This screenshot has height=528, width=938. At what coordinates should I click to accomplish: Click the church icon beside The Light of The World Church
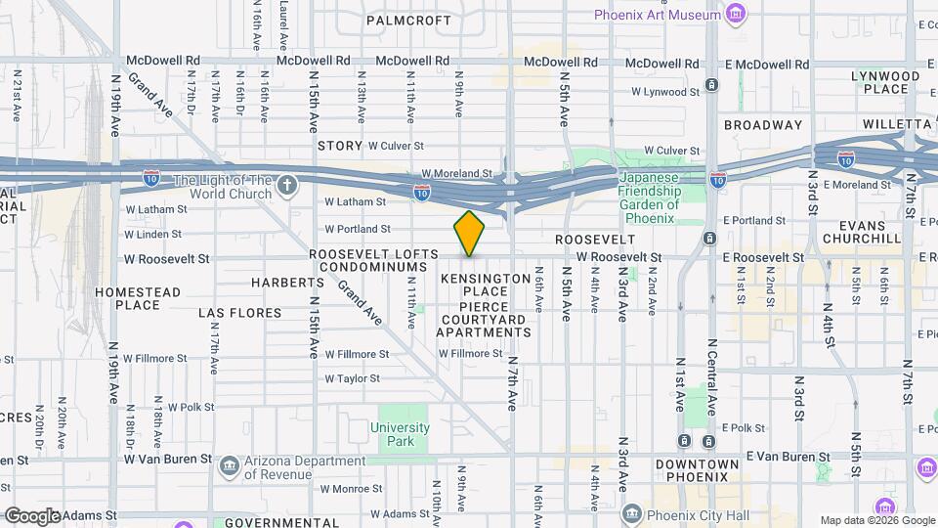click(x=286, y=184)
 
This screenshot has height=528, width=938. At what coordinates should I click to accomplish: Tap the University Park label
click(x=400, y=434)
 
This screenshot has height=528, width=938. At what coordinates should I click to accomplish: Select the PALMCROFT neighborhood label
click(x=408, y=20)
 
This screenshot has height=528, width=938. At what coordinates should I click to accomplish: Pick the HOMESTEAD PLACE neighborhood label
click(x=138, y=298)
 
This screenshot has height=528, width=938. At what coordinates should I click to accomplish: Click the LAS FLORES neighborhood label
click(x=239, y=313)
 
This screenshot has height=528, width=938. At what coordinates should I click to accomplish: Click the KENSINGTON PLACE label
click(x=472, y=286)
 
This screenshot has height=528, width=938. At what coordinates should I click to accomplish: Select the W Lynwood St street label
click(x=665, y=92)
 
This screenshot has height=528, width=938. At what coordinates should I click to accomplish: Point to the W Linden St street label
click(x=155, y=234)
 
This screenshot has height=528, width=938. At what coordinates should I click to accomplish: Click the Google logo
click(x=31, y=515)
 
